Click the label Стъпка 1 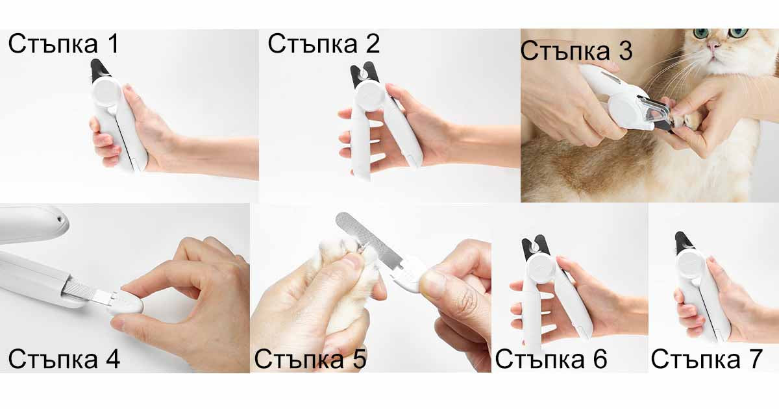64,44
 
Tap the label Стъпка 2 324,44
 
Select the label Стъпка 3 576,51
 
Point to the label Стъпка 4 64,359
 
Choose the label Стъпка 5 310,359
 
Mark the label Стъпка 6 551,359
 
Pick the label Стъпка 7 707,359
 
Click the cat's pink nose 714,45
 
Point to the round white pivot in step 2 369,96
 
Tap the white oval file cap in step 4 127,300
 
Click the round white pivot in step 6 540,267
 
